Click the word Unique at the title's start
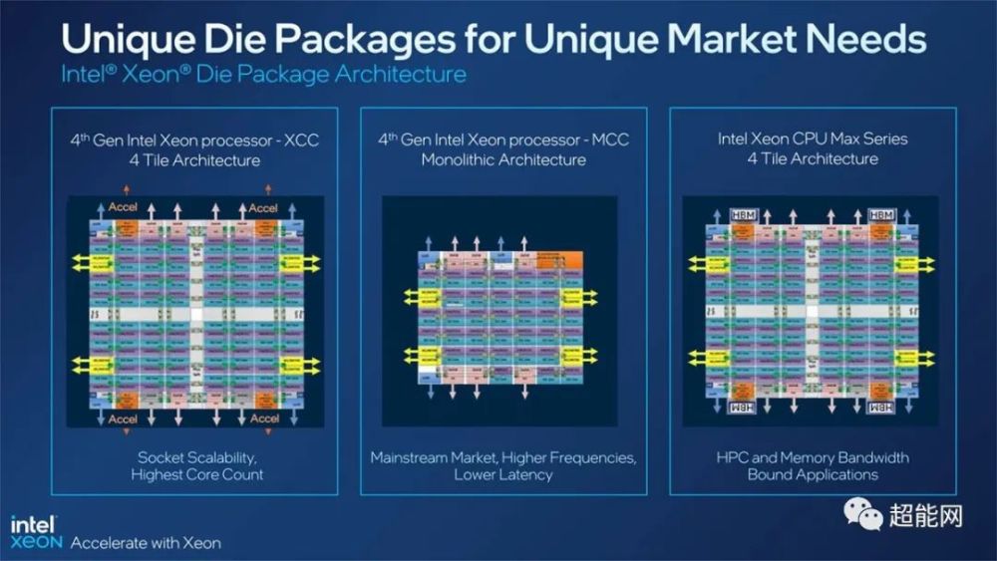[x=129, y=40]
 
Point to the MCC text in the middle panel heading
[x=609, y=140]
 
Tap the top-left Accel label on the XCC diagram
[x=125, y=208]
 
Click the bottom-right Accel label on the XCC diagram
[x=264, y=419]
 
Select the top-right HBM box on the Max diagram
[x=880, y=215]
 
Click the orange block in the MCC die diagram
[x=556, y=260]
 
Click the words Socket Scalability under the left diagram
[x=196, y=456]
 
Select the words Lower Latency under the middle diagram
[x=502, y=475]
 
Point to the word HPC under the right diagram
[x=733, y=457]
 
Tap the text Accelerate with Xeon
[x=146, y=543]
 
